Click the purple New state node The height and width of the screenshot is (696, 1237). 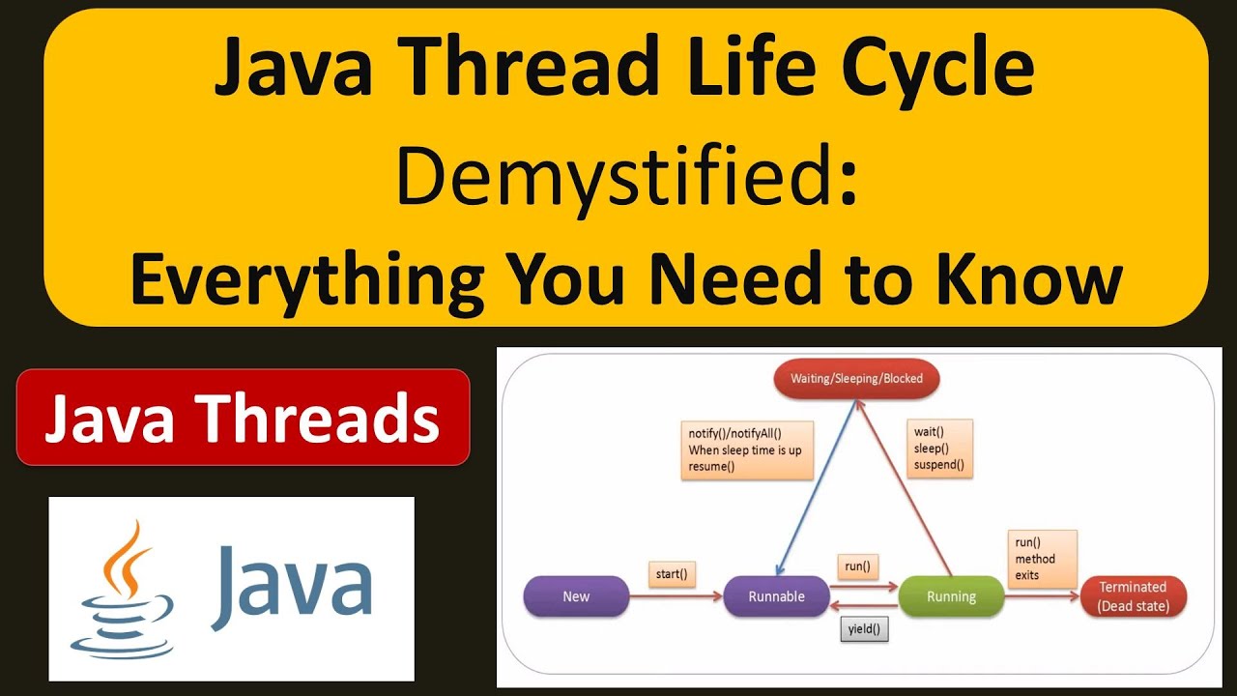[x=576, y=596]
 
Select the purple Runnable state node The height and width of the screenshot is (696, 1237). [x=776, y=596]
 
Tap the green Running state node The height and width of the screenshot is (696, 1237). [x=951, y=596]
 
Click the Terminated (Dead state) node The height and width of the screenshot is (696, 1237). [x=1133, y=596]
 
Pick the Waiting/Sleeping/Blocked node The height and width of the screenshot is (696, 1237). [x=856, y=379]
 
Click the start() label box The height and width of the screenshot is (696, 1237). [x=672, y=574]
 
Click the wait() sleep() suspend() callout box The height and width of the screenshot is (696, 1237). [x=939, y=449]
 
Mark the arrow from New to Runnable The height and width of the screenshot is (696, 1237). [x=676, y=597]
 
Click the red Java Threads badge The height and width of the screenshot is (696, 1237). [x=243, y=418]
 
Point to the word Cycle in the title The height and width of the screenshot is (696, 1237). [x=938, y=70]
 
